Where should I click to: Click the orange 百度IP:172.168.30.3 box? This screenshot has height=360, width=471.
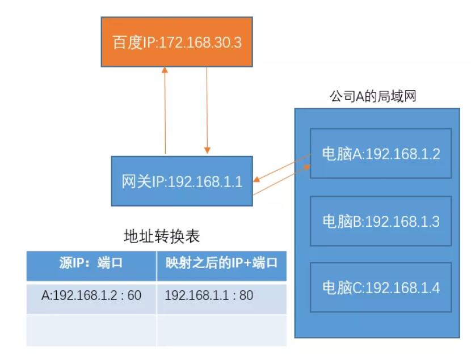(x=176, y=42)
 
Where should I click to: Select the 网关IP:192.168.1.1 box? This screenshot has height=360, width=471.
(x=182, y=182)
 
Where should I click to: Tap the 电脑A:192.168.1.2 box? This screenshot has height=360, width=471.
(x=381, y=154)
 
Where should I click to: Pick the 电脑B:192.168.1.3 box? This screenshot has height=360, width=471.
(x=381, y=221)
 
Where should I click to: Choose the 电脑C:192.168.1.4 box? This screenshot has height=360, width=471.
(x=381, y=287)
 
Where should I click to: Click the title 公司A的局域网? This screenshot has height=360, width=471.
(x=373, y=96)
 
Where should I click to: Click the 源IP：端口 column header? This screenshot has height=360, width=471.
(x=91, y=263)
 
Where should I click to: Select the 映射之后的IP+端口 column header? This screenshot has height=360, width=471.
(x=221, y=263)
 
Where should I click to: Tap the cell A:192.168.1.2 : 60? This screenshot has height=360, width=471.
(x=91, y=295)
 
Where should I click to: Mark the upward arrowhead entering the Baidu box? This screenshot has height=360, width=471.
(x=165, y=70)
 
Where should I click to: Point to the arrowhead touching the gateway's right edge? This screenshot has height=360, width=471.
(x=257, y=180)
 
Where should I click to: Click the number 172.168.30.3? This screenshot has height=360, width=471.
(x=199, y=43)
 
